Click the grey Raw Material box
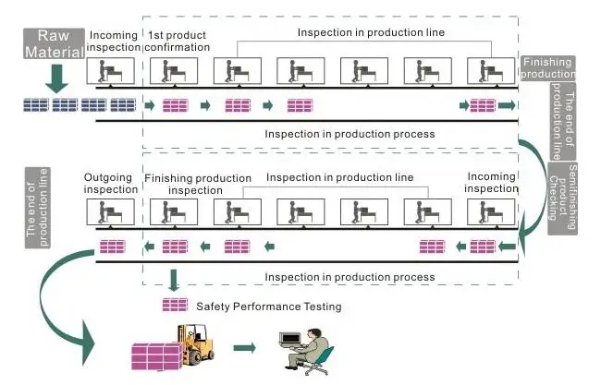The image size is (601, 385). click(x=54, y=43)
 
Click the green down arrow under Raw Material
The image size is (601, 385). click(x=56, y=78)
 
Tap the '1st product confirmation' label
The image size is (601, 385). click(x=178, y=42)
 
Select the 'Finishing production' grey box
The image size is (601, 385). click(x=547, y=67)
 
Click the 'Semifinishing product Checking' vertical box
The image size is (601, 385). click(x=563, y=198)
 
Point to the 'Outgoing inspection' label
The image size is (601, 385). click(x=110, y=184)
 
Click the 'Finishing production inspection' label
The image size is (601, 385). click(x=198, y=184)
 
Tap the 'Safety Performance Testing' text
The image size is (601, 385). click(x=269, y=307)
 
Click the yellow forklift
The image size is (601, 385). click(x=195, y=344)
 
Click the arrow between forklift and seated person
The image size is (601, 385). click(x=244, y=347)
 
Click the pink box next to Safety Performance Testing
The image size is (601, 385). click(x=175, y=305)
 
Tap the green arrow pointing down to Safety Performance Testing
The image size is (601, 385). click(x=174, y=280)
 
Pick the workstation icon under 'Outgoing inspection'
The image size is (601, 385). click(x=110, y=212)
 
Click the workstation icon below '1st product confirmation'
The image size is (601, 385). click(x=174, y=71)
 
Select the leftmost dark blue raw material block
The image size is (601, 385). click(x=36, y=105)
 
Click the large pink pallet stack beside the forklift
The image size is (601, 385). click(x=156, y=356)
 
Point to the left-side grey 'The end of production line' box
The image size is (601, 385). click(x=38, y=208)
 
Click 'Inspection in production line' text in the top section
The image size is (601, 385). click(x=371, y=32)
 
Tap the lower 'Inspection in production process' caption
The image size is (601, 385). click(x=350, y=277)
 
